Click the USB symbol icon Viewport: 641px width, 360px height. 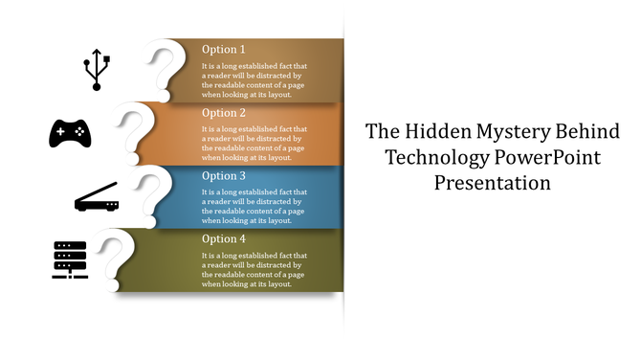(x=97, y=70)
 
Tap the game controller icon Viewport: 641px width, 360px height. (x=70, y=133)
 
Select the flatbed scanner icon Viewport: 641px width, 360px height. (x=97, y=197)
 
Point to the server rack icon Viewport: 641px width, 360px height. (x=70, y=259)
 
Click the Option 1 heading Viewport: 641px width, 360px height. (x=224, y=49)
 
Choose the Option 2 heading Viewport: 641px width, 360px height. (x=224, y=112)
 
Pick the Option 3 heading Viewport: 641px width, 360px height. (x=224, y=175)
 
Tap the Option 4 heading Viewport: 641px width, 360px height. (x=224, y=238)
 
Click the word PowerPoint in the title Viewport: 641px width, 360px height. (x=543, y=157)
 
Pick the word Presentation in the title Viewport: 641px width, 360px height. (x=492, y=182)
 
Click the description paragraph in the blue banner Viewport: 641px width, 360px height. (x=254, y=206)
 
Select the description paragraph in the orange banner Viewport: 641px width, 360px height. (x=254, y=143)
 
